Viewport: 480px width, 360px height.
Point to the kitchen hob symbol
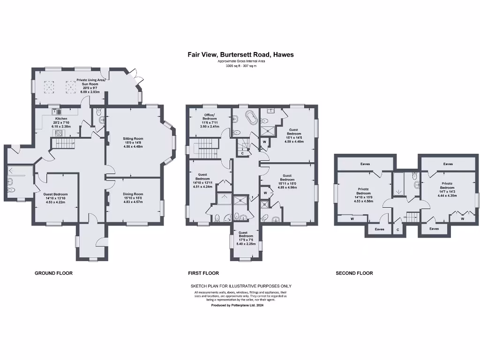pyautogui.click(x=60, y=133)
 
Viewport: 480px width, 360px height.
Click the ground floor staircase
pyautogui.click(x=63, y=142)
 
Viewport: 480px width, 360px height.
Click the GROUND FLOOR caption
pyautogui.click(x=53, y=273)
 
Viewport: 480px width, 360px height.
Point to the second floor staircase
pyautogui.click(x=412, y=217)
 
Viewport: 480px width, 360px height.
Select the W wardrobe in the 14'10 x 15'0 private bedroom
pyautogui.click(x=352, y=218)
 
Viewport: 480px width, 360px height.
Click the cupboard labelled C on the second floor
pyautogui.click(x=398, y=229)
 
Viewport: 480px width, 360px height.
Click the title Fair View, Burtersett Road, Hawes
pyautogui.click(x=240, y=55)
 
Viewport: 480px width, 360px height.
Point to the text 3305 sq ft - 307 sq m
pyautogui.click(x=240, y=66)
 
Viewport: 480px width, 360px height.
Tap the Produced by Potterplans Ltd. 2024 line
pyautogui.click(x=240, y=305)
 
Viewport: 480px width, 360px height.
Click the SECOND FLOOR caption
pyautogui.click(x=354, y=273)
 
